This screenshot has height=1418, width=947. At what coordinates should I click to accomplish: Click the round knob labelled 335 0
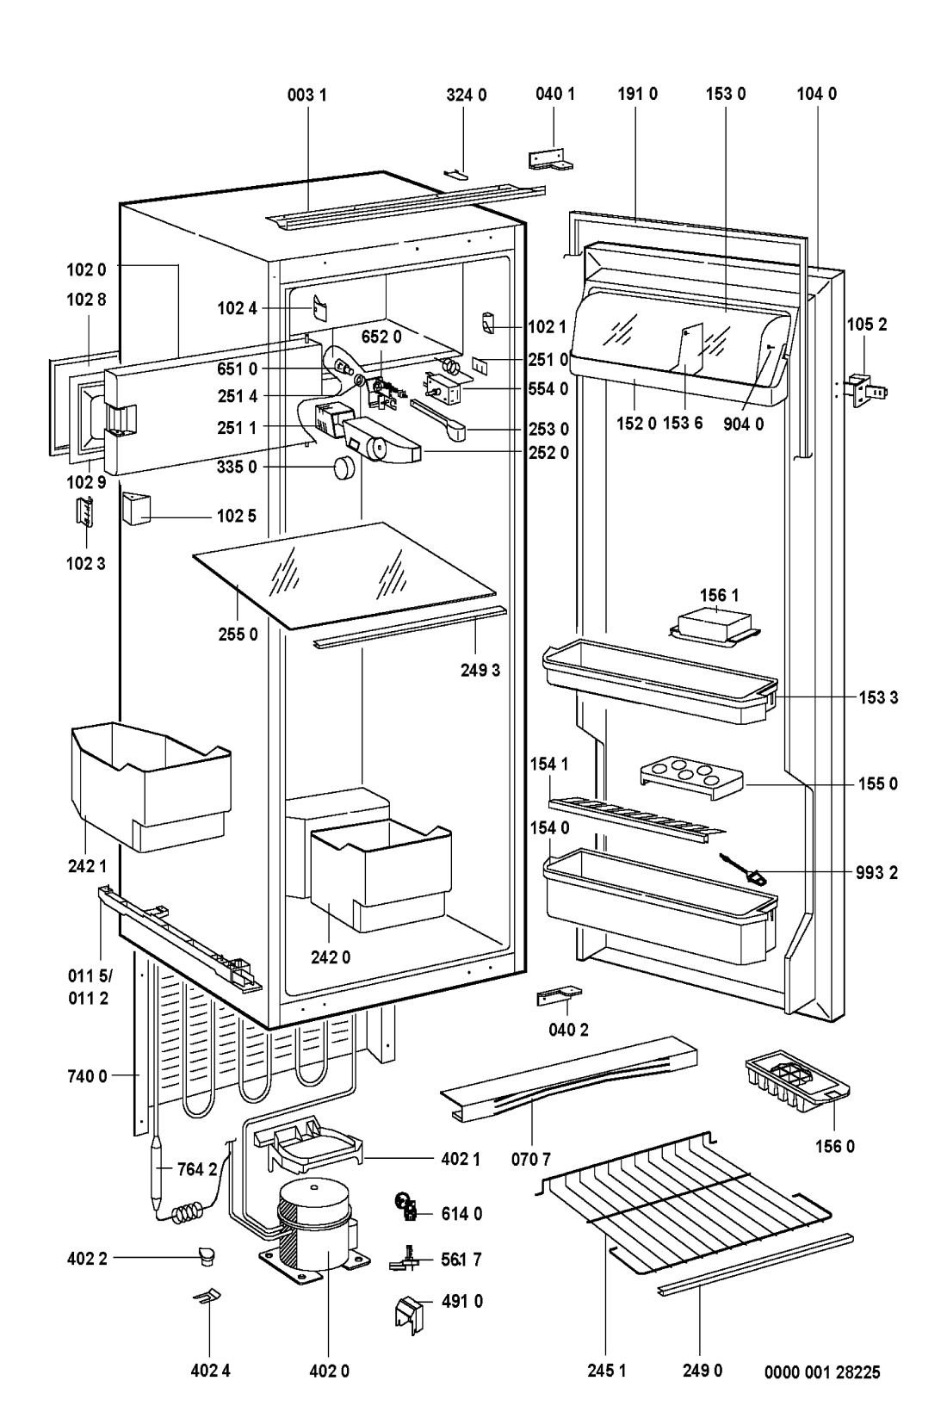tap(344, 468)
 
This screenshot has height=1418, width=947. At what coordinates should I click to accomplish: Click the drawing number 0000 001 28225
tap(822, 1372)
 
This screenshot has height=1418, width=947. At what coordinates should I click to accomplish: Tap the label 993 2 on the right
tap(877, 872)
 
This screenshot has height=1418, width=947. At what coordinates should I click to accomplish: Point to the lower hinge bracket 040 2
tap(558, 997)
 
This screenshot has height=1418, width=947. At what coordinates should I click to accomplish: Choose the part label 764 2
tap(197, 1169)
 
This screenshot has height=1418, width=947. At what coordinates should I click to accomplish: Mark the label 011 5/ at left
tap(89, 978)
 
